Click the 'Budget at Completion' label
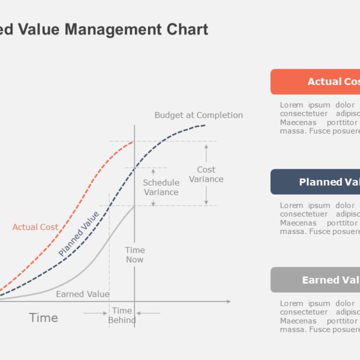(199, 115)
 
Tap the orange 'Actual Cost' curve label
(35, 227)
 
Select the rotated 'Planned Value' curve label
(79, 234)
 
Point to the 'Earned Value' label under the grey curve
(83, 294)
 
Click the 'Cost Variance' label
(206, 174)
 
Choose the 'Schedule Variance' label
(161, 187)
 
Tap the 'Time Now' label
(134, 255)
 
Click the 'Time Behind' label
(122, 316)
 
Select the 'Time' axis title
(43, 318)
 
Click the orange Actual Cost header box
(315, 82)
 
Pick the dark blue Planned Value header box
(315, 182)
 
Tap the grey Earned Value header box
(315, 280)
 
